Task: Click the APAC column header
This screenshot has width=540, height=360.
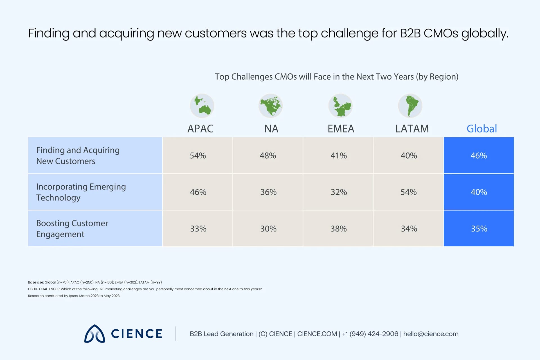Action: coord(200,129)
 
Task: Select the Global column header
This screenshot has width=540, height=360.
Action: coord(481,129)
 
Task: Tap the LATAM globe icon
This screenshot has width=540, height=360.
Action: coord(410,106)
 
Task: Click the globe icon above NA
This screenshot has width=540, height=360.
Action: coord(271,106)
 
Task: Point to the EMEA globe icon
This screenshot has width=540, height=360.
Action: coord(340,106)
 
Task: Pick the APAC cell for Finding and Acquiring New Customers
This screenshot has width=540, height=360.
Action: coord(198,156)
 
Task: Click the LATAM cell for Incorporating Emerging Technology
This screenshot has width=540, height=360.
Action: coord(408,192)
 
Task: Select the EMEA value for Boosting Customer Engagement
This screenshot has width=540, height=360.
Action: coord(338,229)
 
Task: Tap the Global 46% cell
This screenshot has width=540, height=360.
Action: coord(479,156)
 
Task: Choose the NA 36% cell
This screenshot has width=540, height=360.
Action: coord(268,192)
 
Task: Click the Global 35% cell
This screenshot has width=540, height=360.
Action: coord(479,229)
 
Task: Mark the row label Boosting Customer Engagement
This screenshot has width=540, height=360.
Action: coord(72,229)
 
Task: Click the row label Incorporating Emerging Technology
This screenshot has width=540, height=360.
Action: coord(81,192)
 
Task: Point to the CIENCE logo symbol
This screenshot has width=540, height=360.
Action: coord(94,334)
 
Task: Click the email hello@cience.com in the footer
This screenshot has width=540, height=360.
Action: coord(431,334)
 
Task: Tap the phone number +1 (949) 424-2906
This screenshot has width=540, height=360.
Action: coord(370,334)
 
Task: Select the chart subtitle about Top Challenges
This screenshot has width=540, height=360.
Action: coord(336,77)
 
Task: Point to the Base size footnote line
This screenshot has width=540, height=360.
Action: coord(95,282)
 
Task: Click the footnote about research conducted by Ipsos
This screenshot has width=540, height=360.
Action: coord(74,296)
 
